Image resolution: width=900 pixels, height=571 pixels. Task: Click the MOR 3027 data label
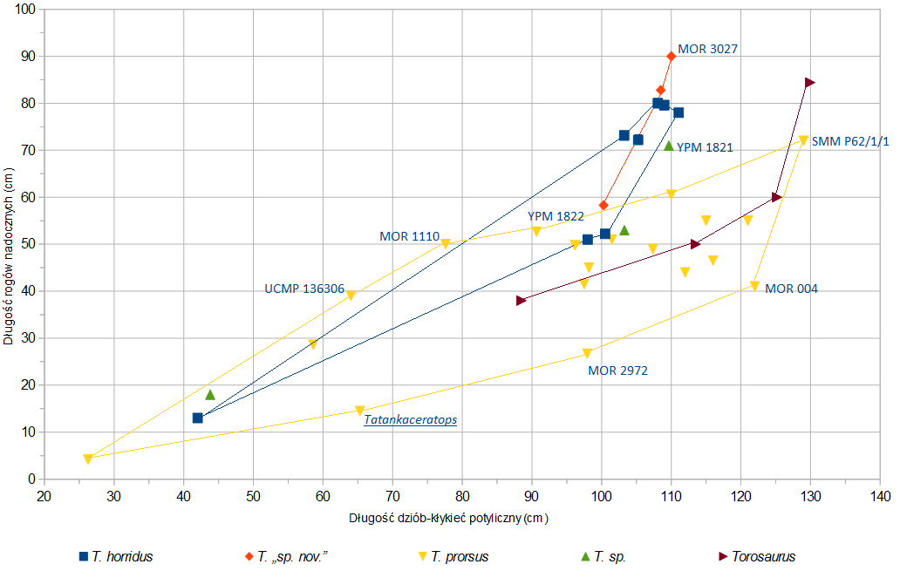tap(707, 50)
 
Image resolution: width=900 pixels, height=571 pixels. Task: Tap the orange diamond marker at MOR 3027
tap(671, 57)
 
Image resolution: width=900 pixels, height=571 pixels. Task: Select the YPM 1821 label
tap(704, 148)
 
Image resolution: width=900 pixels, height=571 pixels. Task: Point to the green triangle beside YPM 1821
tap(669, 146)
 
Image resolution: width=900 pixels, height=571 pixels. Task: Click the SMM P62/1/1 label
tap(851, 141)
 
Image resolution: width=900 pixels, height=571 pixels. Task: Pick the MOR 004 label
tap(791, 289)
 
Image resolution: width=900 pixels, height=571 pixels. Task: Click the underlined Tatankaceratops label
tap(410, 419)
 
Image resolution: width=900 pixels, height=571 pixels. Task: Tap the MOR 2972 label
tap(617, 370)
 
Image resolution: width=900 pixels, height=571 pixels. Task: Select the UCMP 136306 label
tap(304, 289)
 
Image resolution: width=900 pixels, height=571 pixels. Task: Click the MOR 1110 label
tap(408, 236)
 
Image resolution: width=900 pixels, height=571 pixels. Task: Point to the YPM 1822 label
tap(556, 216)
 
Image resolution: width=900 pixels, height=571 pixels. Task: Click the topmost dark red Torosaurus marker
tap(810, 83)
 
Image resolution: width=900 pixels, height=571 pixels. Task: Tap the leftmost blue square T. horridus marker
tap(198, 418)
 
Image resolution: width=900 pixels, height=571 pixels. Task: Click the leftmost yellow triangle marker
tap(88, 459)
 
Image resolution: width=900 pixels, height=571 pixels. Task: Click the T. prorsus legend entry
tap(453, 556)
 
